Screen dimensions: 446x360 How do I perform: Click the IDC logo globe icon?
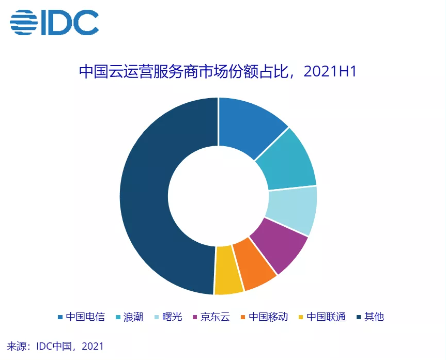[x=24, y=22]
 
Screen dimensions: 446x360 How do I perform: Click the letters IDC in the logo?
[x=70, y=22]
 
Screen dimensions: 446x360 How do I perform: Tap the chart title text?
[x=218, y=71]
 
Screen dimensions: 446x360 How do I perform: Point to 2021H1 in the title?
[x=330, y=71]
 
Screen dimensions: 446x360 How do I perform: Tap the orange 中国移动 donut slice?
[x=254, y=264]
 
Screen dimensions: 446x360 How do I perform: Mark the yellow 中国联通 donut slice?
[x=228, y=270]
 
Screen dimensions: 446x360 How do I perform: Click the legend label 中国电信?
[x=85, y=317]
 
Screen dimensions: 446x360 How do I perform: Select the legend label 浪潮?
[x=133, y=317]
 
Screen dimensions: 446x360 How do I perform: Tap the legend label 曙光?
[x=172, y=317]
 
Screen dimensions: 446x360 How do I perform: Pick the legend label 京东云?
[x=216, y=317]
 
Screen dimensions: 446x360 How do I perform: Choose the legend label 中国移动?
[x=268, y=317]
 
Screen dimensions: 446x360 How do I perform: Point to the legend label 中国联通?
[x=326, y=317]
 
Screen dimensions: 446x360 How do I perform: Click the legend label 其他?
[x=374, y=317]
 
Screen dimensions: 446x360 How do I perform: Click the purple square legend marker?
[x=195, y=317]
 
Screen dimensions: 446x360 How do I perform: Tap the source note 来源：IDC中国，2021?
[x=55, y=347]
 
